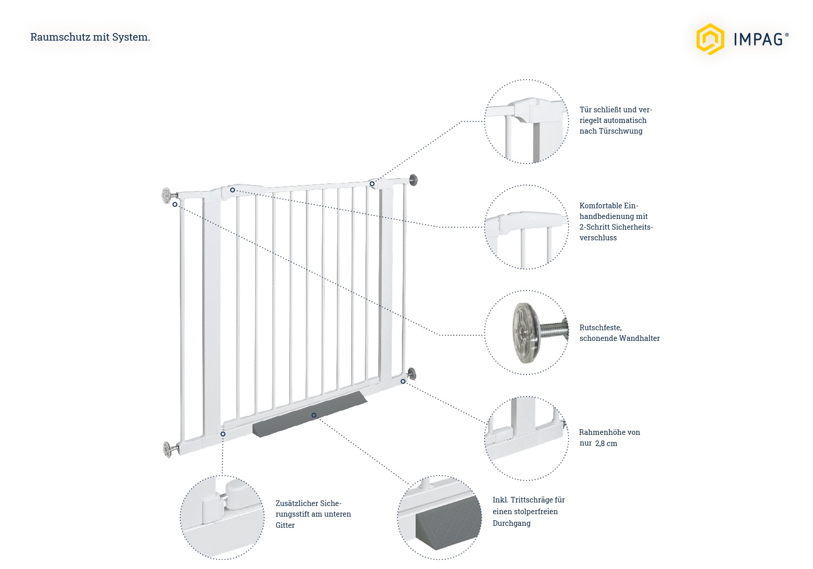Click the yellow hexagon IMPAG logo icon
709,39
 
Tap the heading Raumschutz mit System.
90,37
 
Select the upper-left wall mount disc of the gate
166,195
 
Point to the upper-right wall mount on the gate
413,179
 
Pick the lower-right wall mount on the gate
411,374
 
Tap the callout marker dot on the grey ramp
314,415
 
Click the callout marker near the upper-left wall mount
175,204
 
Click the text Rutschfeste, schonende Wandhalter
619,333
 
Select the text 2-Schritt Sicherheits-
616,227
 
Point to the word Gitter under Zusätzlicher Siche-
285,525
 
